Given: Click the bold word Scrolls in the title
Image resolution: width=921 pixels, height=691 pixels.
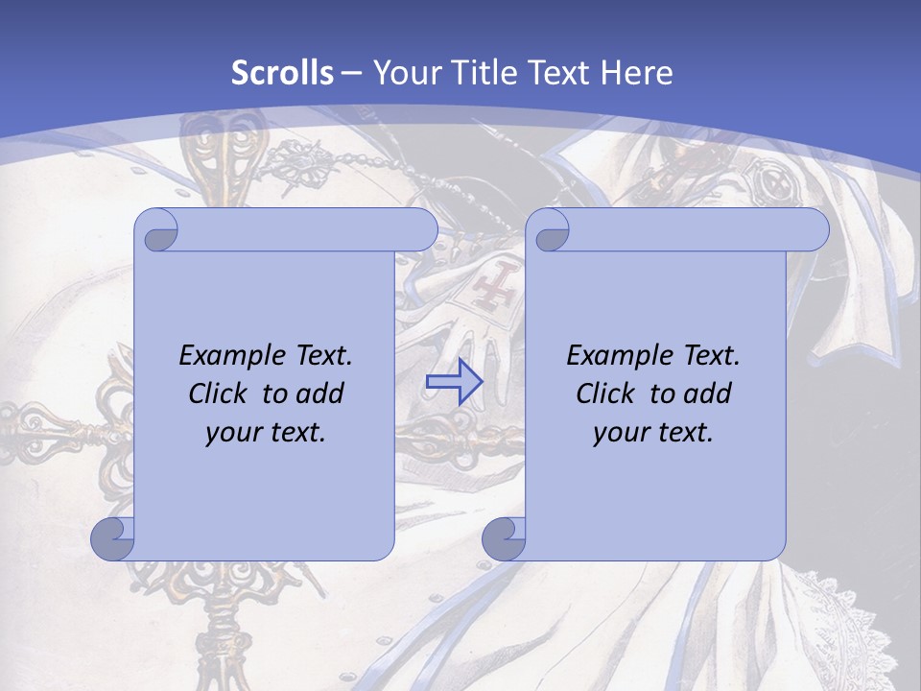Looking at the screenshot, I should click(283, 73).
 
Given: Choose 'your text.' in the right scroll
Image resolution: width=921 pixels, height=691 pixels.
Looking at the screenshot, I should click(653, 432).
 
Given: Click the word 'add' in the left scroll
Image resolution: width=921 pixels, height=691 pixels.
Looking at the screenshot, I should click(320, 393).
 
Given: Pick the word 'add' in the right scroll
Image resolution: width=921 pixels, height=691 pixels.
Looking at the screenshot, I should click(708, 393).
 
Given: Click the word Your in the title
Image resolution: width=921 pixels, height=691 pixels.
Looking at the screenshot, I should click(404, 73).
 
